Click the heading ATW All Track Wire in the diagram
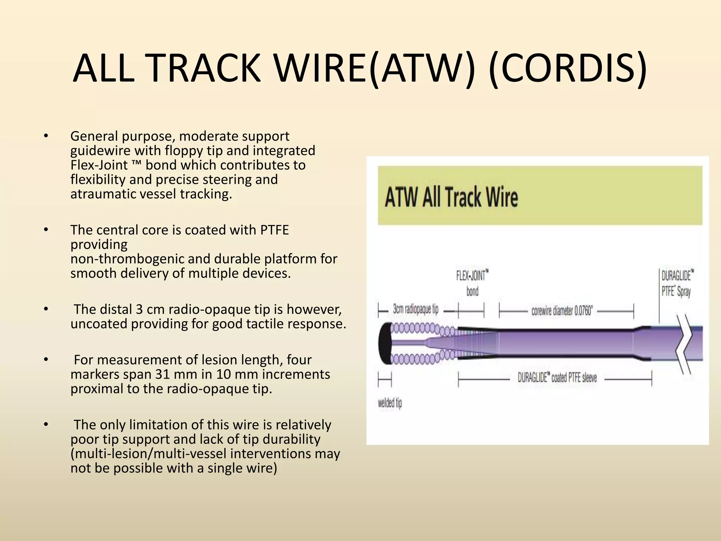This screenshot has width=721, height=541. pos(451,197)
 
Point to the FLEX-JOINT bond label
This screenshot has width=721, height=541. pos(472,283)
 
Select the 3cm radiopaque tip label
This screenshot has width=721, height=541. pos(415,310)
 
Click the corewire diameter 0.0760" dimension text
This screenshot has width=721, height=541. pos(562,311)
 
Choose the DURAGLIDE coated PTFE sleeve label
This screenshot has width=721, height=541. pos(557,378)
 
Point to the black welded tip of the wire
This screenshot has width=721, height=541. pos(385,343)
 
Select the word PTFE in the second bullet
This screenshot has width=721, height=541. pos(274,230)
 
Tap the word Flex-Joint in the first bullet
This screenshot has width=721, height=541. pos(99,165)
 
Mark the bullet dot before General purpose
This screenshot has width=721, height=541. pos(45,136)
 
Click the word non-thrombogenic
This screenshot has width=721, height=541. pos(127,259)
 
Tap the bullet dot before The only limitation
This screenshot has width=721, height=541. pos(45,425)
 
